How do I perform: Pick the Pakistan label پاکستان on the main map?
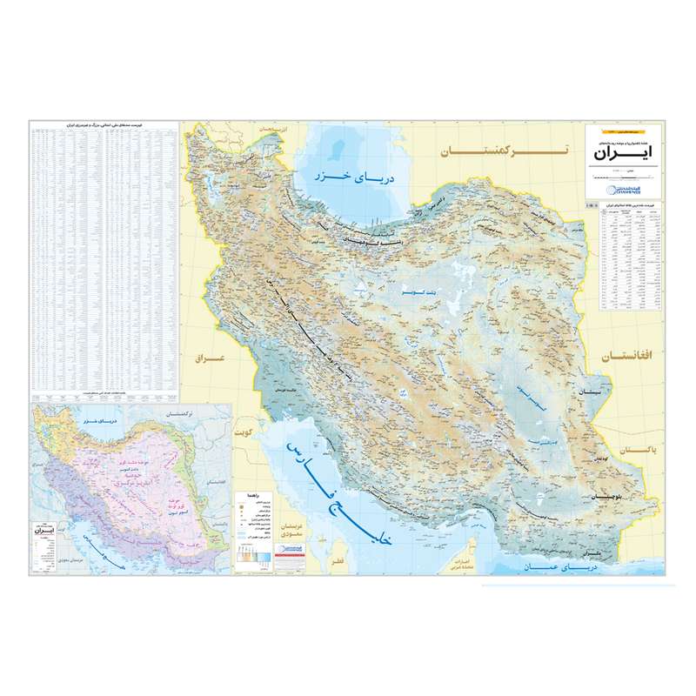tap(639, 452)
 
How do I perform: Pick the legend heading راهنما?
tap(259, 492)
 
